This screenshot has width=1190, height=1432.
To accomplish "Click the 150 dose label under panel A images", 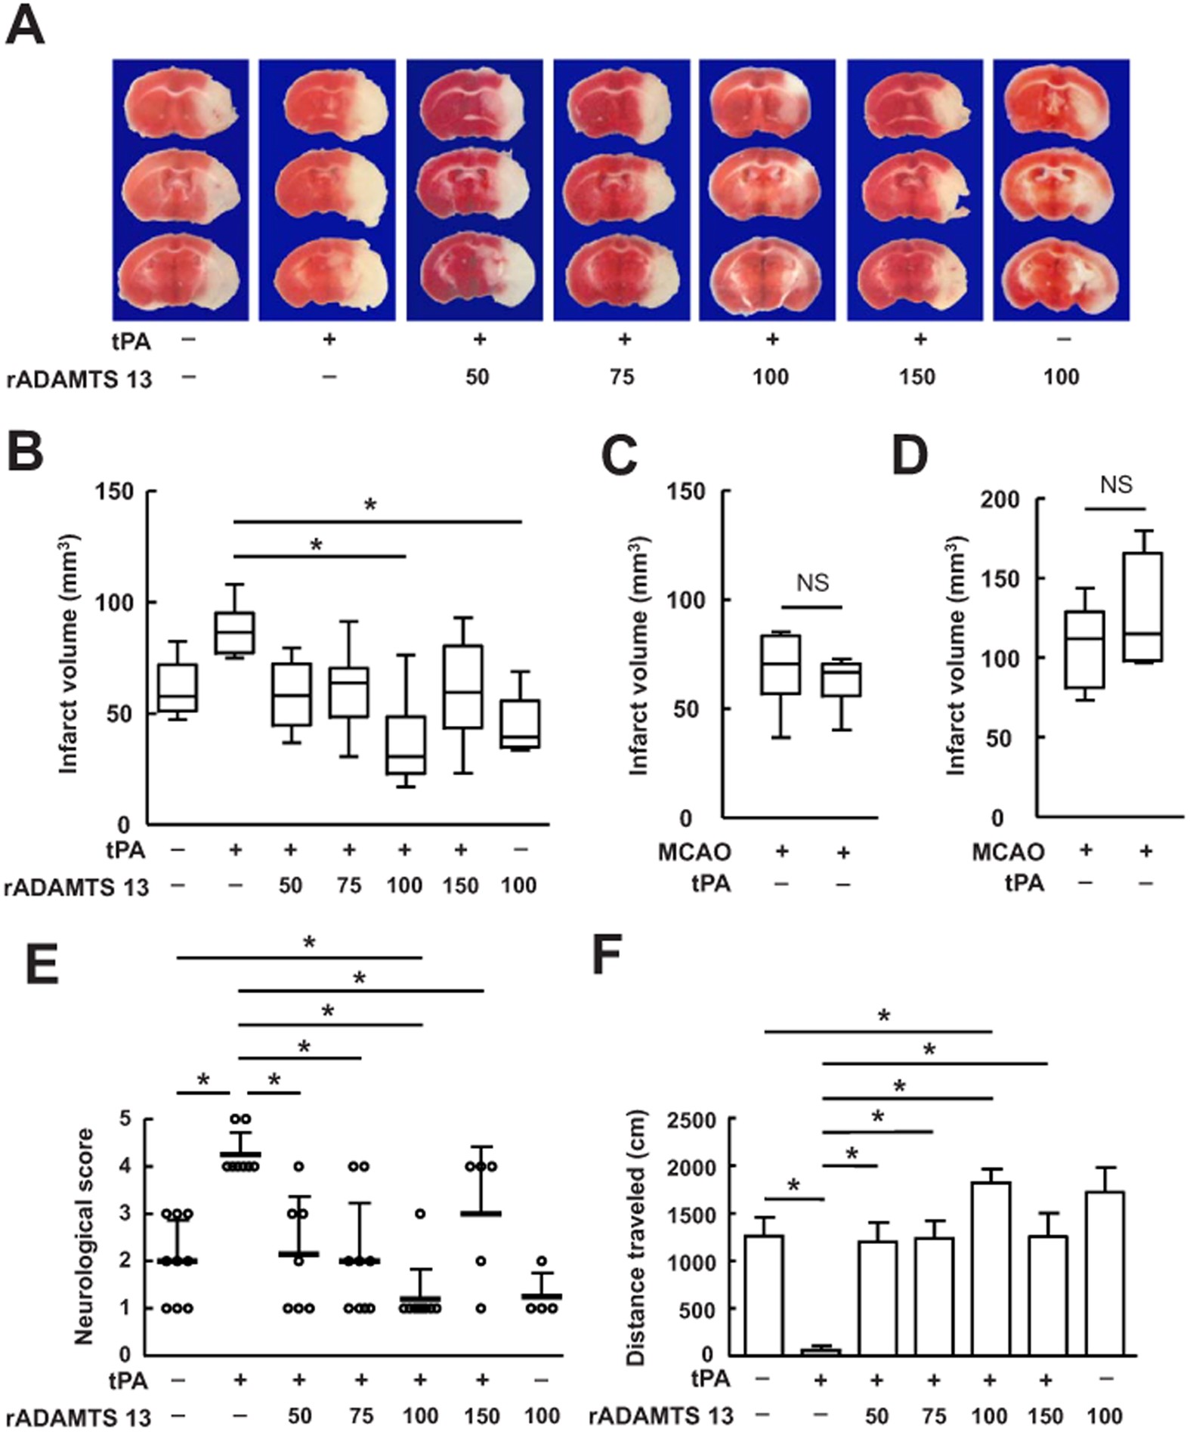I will (916, 376).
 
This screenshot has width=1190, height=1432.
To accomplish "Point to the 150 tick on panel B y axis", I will (114, 492).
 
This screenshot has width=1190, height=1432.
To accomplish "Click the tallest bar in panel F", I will (991, 1268).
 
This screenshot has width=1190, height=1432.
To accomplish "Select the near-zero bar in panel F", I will (821, 1350).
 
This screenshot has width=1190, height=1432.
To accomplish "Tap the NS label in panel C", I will (812, 582).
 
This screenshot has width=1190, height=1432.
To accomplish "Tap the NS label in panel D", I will (1116, 484).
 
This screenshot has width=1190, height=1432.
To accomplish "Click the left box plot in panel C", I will (781, 664).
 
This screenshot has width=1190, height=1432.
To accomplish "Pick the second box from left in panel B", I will (234, 633).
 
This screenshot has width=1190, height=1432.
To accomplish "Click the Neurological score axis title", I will (84, 1236).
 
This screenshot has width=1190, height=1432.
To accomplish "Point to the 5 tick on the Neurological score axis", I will (125, 1119).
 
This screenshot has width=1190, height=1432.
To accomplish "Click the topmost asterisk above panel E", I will (309, 942).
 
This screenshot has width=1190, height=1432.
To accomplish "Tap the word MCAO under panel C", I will (694, 852).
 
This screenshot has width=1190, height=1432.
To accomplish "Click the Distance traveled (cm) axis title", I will (636, 1237).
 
